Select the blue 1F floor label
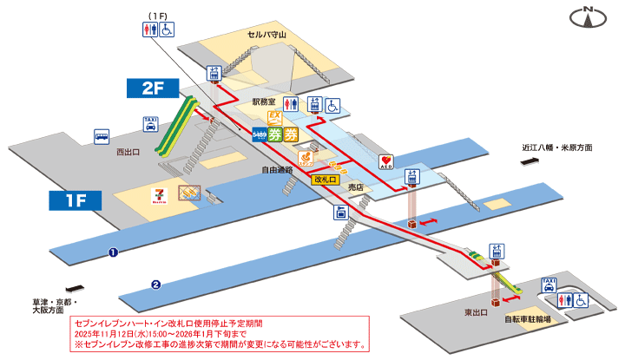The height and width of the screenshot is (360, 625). click(x=76, y=200)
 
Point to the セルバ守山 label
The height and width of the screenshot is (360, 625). click(x=265, y=36)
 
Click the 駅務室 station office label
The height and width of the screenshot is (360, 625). click(x=264, y=101)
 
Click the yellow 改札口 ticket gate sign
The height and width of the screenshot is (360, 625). click(x=326, y=179)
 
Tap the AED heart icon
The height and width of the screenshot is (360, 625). click(x=387, y=161)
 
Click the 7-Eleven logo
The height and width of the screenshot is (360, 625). click(x=160, y=193)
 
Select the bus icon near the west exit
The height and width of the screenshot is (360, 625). click(x=102, y=136)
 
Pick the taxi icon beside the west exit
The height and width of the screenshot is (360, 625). click(x=150, y=124)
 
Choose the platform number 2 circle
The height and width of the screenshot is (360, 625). click(x=155, y=283)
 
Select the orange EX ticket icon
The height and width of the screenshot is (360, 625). click(x=274, y=116)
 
